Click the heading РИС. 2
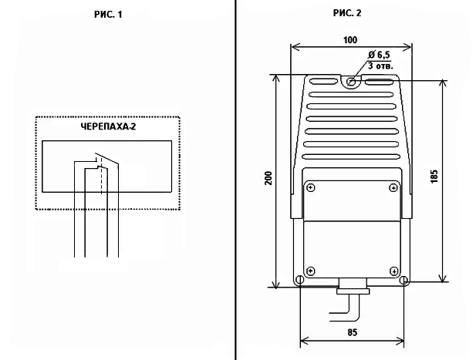click(348, 13)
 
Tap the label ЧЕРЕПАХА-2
click(108, 127)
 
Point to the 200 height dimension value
click(268, 179)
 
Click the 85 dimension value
click(352, 333)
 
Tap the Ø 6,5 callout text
click(380, 55)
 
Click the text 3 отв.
click(380, 66)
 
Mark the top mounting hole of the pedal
click(351, 81)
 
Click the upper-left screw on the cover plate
click(310, 187)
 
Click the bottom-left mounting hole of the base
click(299, 281)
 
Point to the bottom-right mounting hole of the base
click(404, 281)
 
